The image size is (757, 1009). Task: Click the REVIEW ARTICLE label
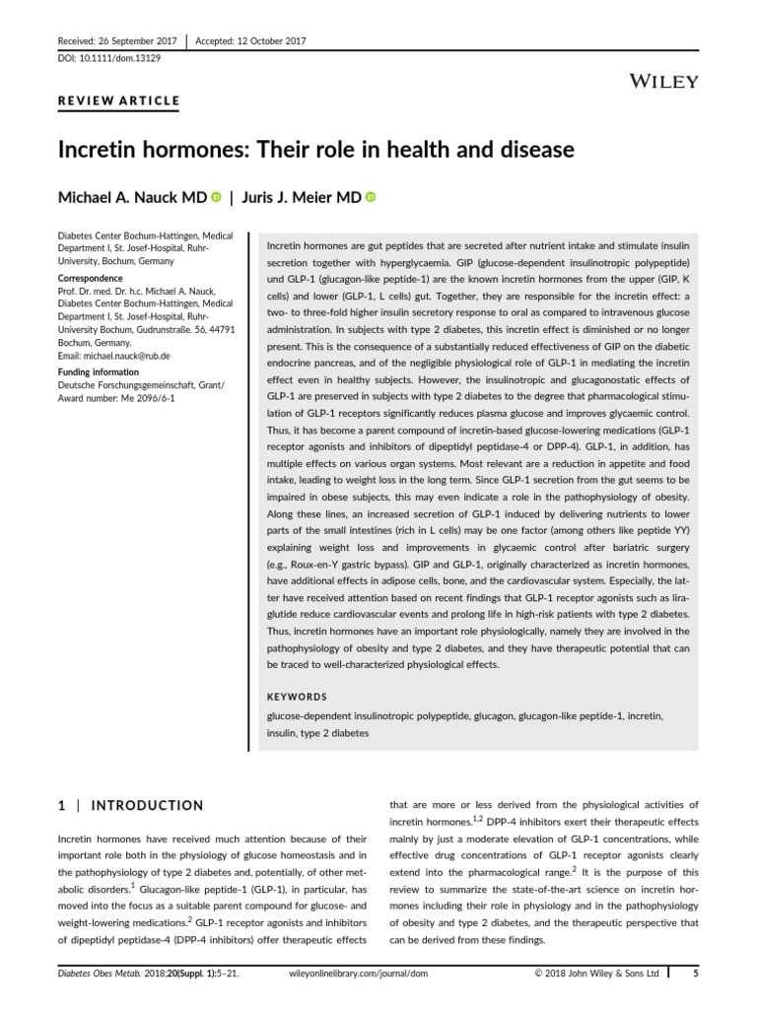click(117, 101)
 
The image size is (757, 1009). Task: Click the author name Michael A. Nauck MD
click(133, 198)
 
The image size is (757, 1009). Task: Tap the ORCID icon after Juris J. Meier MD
click(371, 198)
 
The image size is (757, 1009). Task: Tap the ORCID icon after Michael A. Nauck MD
click(215, 198)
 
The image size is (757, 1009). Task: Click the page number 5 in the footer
click(696, 975)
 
